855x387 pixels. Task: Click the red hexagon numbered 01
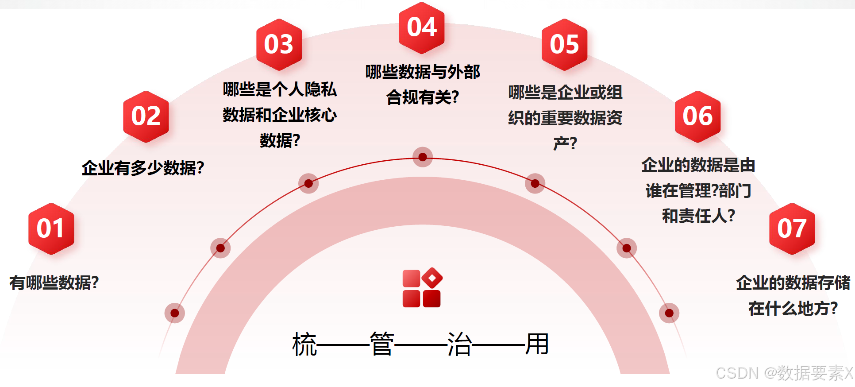pyautogui.click(x=51, y=228)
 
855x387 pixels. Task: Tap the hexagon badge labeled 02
pyautogui.click(x=146, y=116)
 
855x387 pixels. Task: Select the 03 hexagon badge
pyautogui.click(x=279, y=44)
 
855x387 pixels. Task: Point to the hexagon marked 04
pyautogui.click(x=422, y=27)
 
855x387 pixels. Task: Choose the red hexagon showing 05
pyautogui.click(x=564, y=44)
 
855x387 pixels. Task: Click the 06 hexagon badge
pyautogui.click(x=697, y=116)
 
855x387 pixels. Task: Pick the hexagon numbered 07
pyautogui.click(x=792, y=228)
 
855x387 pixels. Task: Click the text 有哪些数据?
pyautogui.click(x=54, y=283)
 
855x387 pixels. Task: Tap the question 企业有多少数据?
pyautogui.click(x=142, y=168)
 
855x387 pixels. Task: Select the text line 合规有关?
pyautogui.click(x=422, y=97)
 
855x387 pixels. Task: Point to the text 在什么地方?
pyautogui.click(x=793, y=308)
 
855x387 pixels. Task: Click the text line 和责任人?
pyautogui.click(x=698, y=216)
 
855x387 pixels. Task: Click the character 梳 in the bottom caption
pyautogui.click(x=304, y=344)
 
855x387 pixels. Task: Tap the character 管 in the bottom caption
pyautogui.click(x=381, y=344)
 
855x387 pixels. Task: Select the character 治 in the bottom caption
pyautogui.click(x=459, y=344)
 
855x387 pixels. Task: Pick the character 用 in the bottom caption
pyautogui.click(x=537, y=344)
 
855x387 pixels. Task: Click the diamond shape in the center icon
pyautogui.click(x=432, y=278)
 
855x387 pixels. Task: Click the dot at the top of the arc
pyautogui.click(x=423, y=157)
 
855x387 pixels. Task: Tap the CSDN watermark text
pyautogui.click(x=784, y=373)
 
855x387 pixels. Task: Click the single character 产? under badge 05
pyautogui.click(x=565, y=143)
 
